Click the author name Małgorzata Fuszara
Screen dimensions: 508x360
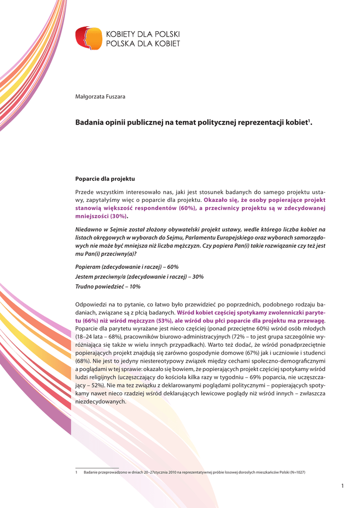100,96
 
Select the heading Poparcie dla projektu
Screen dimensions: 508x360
105,179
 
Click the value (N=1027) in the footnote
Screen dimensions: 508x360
294,472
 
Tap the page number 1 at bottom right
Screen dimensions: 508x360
342,485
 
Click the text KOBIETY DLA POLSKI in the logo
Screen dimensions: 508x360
144,34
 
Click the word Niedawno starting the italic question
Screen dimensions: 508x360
89,230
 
